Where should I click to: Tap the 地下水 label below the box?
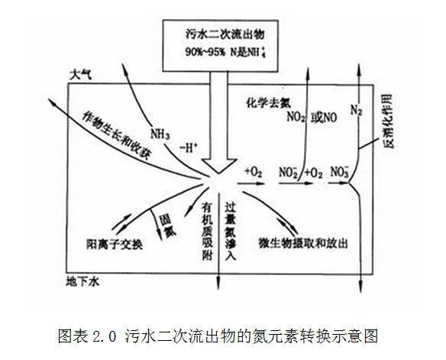(82, 282)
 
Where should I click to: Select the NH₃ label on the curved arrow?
(160, 134)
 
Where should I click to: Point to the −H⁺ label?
(189, 148)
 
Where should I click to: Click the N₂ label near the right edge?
(356, 110)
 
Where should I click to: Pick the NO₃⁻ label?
(339, 172)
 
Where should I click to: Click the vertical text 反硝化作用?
(389, 121)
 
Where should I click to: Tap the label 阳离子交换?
(115, 244)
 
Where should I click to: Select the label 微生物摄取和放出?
(303, 243)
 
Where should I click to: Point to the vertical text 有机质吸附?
(208, 231)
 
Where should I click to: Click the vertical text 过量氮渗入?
(231, 231)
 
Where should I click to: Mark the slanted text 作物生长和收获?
(116, 135)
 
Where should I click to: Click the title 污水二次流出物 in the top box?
(225, 34)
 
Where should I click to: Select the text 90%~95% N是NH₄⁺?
(225, 52)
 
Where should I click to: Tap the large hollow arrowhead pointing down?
(219, 166)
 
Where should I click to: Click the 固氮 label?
(168, 225)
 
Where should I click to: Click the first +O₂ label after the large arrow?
(253, 172)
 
